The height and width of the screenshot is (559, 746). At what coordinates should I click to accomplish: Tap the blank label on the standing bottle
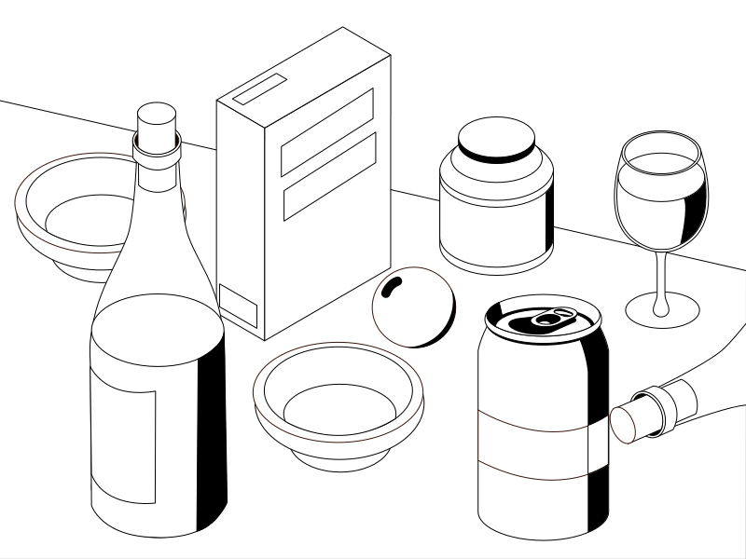coord(121,447)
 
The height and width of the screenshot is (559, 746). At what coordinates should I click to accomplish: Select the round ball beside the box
coord(413,307)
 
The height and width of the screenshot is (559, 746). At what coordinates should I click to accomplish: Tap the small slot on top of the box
coord(256,90)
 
